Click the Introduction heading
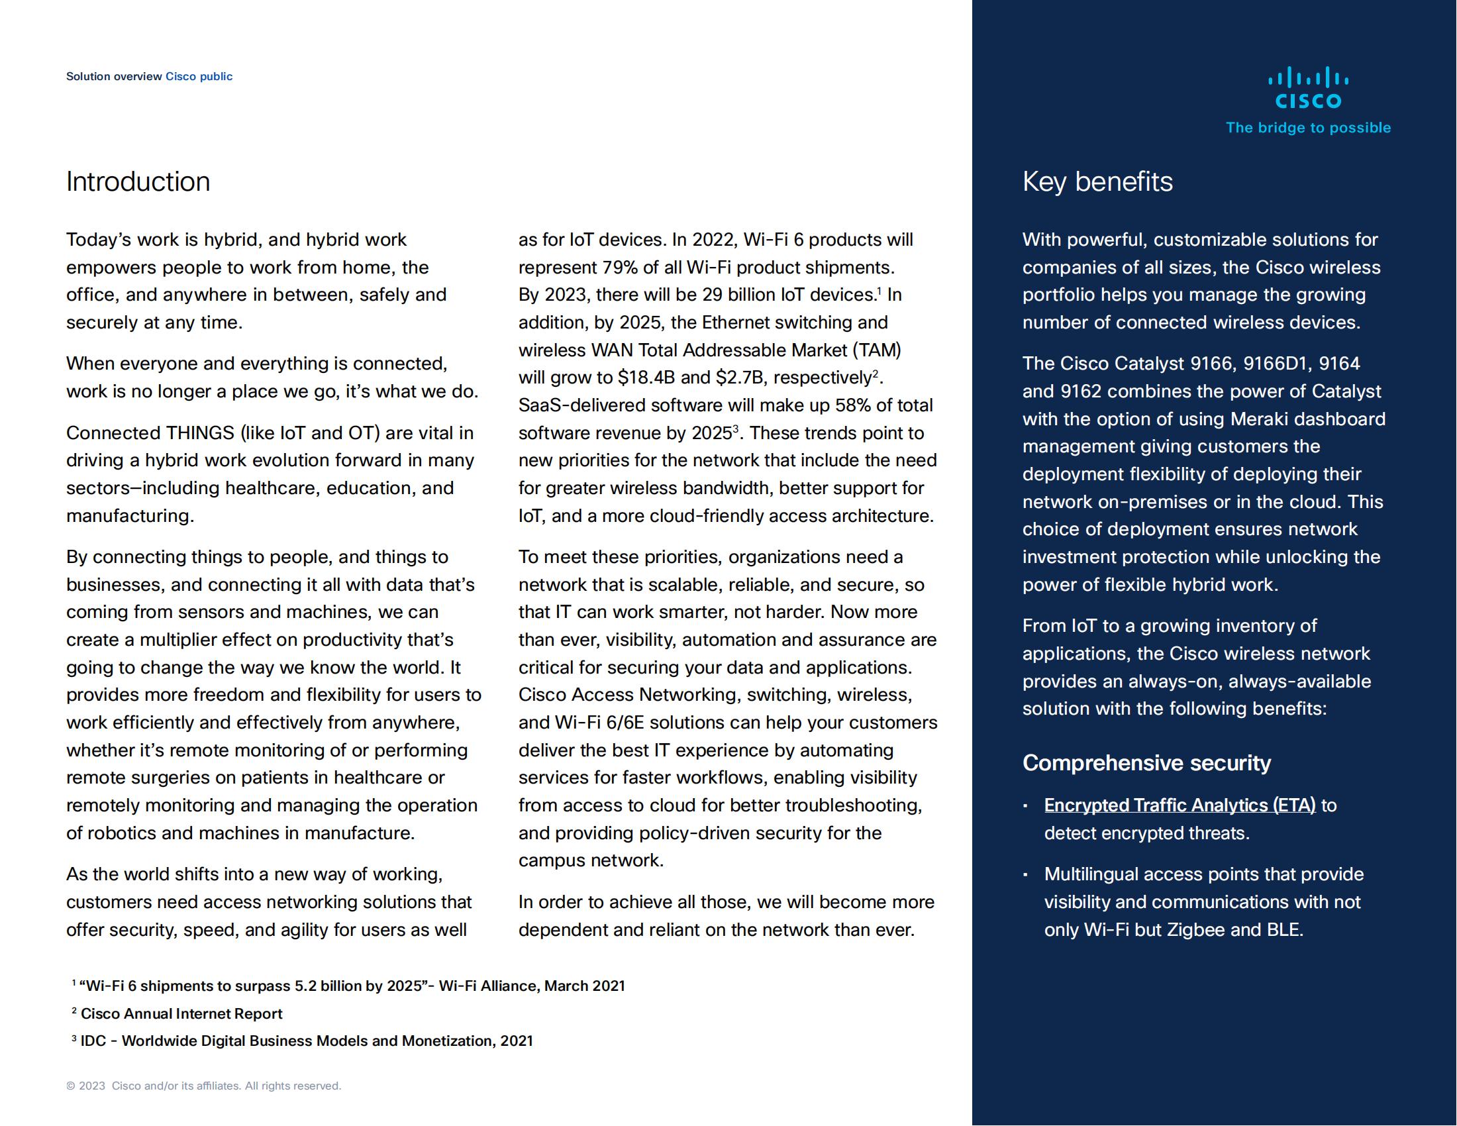click(138, 182)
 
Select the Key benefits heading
click(1097, 182)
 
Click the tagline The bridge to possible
click(1307, 128)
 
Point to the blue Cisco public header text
click(199, 77)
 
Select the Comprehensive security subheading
click(1146, 763)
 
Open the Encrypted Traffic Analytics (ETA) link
click(1180, 806)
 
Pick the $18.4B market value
click(645, 378)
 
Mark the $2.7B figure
click(739, 378)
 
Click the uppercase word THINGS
click(200, 434)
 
